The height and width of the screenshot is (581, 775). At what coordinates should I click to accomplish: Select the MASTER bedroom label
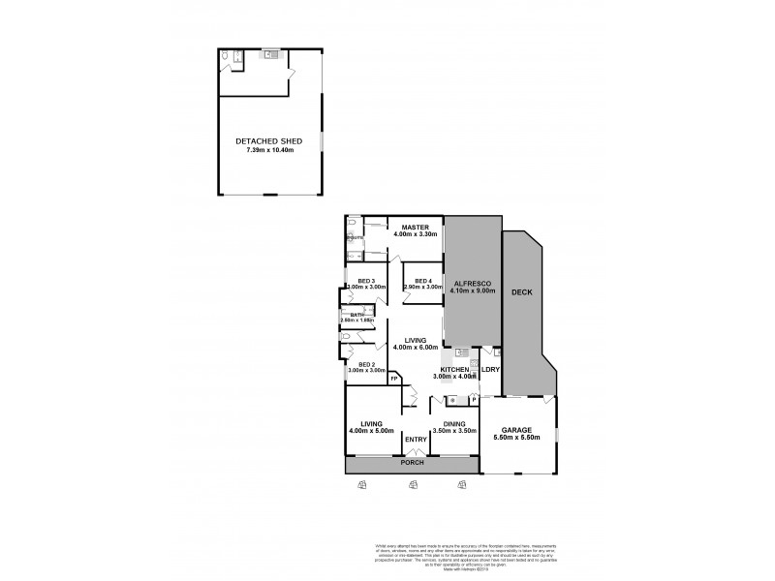click(x=416, y=227)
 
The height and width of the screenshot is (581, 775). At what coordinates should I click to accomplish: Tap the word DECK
click(x=522, y=291)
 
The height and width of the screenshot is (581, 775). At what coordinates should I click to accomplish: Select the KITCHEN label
click(x=455, y=370)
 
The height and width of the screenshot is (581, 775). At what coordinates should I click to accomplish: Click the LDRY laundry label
click(x=490, y=370)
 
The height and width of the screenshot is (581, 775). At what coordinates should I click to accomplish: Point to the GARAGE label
click(x=519, y=430)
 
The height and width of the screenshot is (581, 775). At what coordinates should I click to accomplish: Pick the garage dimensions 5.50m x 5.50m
click(x=519, y=439)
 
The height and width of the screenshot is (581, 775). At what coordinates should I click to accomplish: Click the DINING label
click(x=454, y=423)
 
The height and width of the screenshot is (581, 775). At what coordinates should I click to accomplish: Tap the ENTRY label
click(x=416, y=440)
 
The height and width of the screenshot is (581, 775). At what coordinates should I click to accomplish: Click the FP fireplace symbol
click(x=394, y=379)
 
